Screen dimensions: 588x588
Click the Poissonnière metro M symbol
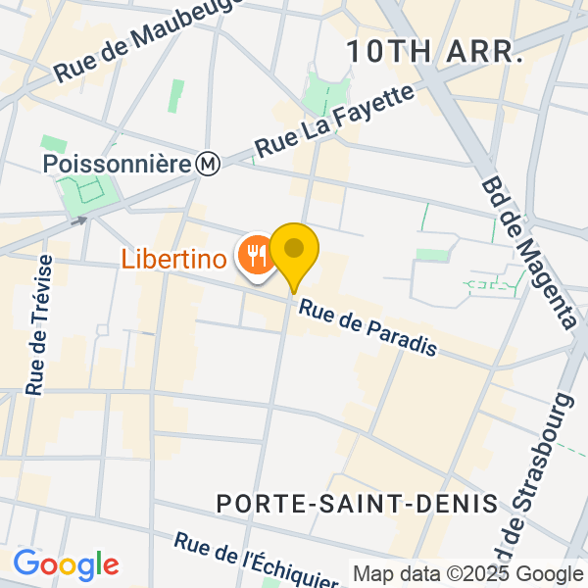[x=207, y=164]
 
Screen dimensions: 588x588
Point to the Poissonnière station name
[x=116, y=164]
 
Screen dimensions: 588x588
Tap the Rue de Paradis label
[x=367, y=328]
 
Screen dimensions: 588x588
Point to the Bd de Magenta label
[x=529, y=253]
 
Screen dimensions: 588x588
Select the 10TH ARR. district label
[x=433, y=53]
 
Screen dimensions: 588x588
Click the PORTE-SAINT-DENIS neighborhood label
[x=357, y=504]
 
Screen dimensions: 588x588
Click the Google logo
[x=66, y=564]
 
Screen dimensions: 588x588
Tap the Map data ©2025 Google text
[x=467, y=574]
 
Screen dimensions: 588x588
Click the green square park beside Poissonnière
[x=89, y=191]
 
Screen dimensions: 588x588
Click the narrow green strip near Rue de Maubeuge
[x=176, y=96]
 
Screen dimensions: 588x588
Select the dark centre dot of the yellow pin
[x=294, y=248]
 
